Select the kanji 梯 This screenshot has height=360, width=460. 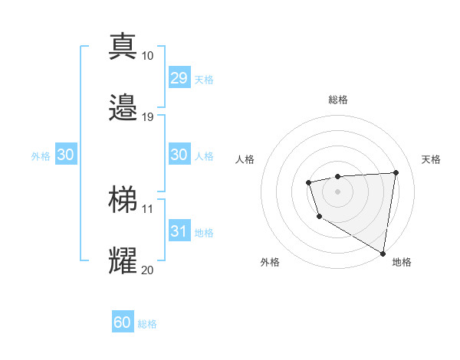123,199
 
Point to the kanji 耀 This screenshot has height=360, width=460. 123,260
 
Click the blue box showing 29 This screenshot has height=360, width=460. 179,78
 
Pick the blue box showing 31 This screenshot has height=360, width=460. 179,231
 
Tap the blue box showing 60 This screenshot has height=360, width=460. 123,322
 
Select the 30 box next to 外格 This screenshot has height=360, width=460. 65,155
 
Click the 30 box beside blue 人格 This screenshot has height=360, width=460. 179,155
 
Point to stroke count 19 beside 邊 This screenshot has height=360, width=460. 148,117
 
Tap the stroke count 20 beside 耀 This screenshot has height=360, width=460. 148,270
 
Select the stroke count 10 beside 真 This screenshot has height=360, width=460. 148,56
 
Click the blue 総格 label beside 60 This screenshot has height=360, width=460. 147,324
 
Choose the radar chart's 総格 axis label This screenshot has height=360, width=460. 338,100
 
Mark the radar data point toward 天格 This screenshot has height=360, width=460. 396,172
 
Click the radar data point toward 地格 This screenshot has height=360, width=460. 383,254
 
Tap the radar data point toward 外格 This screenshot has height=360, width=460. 319,218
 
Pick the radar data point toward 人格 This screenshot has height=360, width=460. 308,182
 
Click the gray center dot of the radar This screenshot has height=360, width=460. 337,191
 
